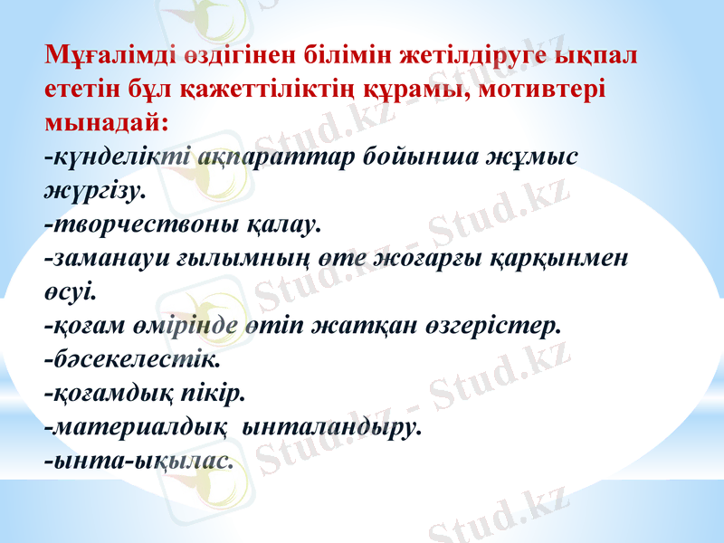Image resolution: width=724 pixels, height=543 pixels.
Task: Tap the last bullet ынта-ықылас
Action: click(x=138, y=462)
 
